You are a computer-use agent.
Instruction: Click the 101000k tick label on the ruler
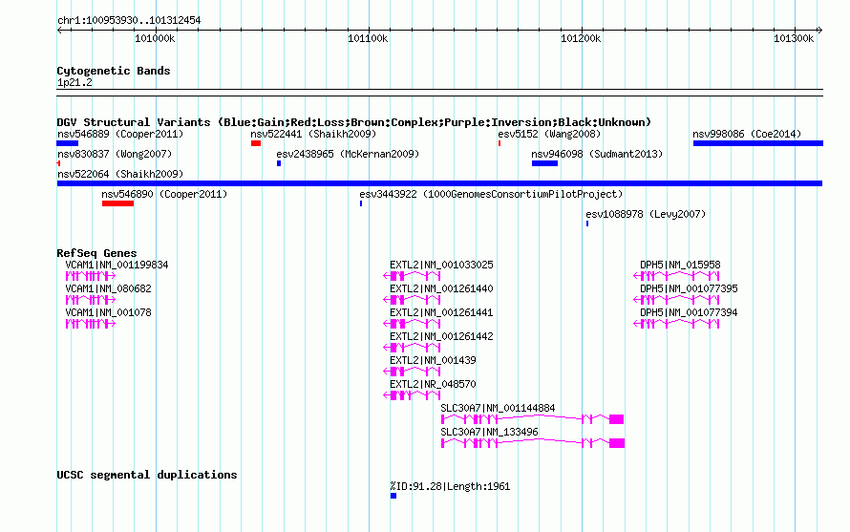[x=155, y=38]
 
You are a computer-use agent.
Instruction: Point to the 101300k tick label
[x=794, y=38]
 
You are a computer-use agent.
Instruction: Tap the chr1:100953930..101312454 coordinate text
[x=129, y=21]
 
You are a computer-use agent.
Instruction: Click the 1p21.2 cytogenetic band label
[x=74, y=82]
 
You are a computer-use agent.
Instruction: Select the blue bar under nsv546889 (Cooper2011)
[x=68, y=143]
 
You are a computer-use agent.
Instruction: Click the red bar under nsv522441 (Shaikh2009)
[x=256, y=143]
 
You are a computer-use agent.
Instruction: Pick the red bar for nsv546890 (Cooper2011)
[x=117, y=203]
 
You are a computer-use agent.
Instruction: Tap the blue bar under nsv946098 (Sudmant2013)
[x=544, y=163]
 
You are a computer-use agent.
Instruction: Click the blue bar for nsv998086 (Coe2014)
[x=758, y=143]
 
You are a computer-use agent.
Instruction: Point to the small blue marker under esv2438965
[x=279, y=163]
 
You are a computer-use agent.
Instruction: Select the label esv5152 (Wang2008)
[x=549, y=134]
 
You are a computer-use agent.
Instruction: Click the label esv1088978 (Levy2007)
[x=646, y=214]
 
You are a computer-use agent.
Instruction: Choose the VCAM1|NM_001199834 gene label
[x=117, y=266]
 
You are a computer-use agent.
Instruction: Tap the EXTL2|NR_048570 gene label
[x=433, y=385]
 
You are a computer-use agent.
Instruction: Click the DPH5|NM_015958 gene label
[x=680, y=266]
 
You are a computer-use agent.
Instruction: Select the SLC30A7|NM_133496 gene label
[x=490, y=433]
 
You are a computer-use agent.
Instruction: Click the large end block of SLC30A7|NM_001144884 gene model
[x=616, y=419]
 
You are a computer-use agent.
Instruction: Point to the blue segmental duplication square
[x=393, y=496]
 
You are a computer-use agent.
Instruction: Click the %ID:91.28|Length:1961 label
[x=450, y=486]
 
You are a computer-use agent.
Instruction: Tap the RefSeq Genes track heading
[x=96, y=253]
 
